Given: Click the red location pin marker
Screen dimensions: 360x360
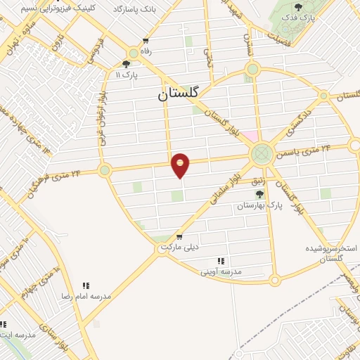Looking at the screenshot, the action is pyautogui.click(x=181, y=165).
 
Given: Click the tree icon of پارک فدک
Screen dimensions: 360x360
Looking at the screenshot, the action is pyautogui.click(x=299, y=7).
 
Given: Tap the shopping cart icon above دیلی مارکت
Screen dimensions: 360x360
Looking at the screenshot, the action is pyautogui.click(x=180, y=237).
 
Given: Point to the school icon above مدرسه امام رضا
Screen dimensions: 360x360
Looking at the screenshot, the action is pyautogui.click(x=86, y=286).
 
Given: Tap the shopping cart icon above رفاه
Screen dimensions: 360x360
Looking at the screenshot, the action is pyautogui.click(x=146, y=41).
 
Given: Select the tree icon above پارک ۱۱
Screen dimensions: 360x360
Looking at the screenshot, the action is pyautogui.click(x=126, y=63).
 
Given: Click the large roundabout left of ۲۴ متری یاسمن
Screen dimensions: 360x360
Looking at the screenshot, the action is pyautogui.click(x=261, y=152).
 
